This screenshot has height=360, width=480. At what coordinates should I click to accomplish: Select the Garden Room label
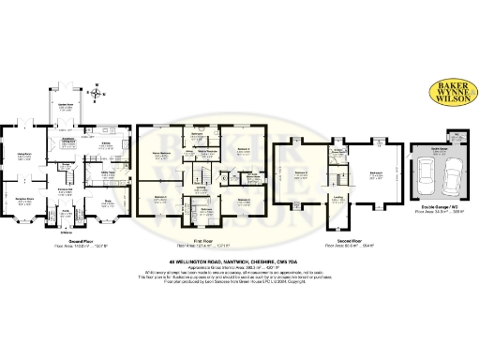(x=67, y=107)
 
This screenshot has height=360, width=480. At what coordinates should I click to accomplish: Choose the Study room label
(x=108, y=199)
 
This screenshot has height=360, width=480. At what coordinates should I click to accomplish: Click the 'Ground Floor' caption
(x=67, y=240)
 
